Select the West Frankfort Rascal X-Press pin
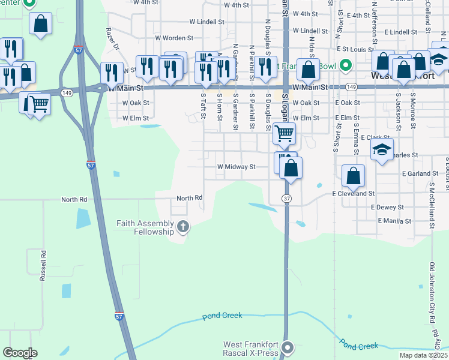tap(288, 347)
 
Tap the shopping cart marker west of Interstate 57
tap(39, 104)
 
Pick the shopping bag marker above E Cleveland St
tap(354, 176)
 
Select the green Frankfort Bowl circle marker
tap(345, 65)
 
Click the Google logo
tap(20, 353)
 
